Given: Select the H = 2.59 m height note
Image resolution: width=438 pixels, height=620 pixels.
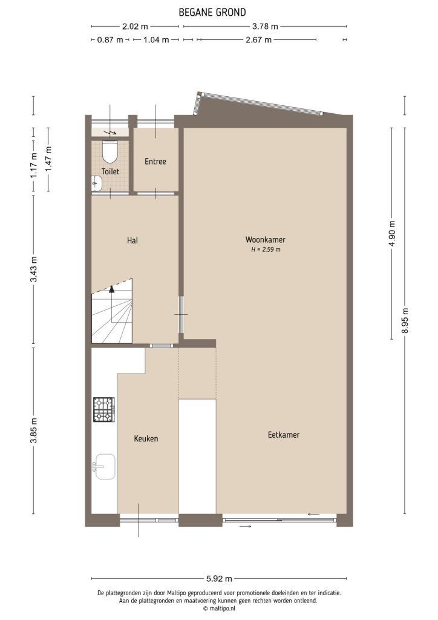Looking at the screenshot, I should click(265, 249).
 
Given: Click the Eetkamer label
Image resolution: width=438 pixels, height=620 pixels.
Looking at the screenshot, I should click(284, 435).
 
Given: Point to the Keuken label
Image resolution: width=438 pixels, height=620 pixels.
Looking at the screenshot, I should click(146, 438).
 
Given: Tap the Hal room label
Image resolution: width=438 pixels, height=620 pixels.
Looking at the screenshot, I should click(132, 240).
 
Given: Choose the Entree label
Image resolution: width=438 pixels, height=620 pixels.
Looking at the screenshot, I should click(155, 162).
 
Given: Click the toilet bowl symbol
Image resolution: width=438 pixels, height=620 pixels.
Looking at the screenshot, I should click(109, 150).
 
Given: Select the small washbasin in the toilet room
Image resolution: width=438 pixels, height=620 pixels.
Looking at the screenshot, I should click(96, 181).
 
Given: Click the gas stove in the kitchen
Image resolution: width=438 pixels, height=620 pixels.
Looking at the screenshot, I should click(103, 409).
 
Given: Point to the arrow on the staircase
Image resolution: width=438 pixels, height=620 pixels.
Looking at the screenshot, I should click(111, 291).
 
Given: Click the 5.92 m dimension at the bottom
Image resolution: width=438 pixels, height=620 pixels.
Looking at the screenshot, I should click(220, 578).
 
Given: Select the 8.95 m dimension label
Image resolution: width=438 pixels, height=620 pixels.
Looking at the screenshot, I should click(405, 320).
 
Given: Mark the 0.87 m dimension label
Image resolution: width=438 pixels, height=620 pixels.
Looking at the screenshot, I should click(109, 40).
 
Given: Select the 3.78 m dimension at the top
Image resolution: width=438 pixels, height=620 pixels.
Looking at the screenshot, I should click(265, 26).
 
